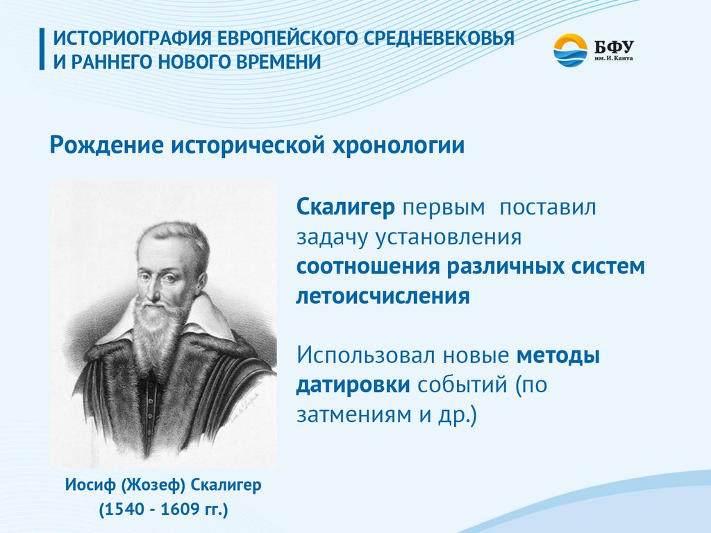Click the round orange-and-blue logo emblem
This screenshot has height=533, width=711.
tap(570, 50)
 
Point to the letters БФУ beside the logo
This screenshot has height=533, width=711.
tap(614, 46)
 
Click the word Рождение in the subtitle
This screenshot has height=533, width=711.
tap(106, 146)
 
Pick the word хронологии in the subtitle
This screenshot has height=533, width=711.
tap(399, 146)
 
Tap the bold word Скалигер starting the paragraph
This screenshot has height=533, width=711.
tap(346, 208)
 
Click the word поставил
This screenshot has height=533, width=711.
tap(547, 208)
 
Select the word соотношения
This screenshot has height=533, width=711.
tap(368, 266)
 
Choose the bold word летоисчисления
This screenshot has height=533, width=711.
tap(383, 296)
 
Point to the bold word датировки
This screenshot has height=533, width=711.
tap(353, 385)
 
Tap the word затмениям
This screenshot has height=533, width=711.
tap(354, 415)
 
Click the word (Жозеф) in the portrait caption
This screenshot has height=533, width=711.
tap(153, 485)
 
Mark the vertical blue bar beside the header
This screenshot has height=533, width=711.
tap(42, 49)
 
